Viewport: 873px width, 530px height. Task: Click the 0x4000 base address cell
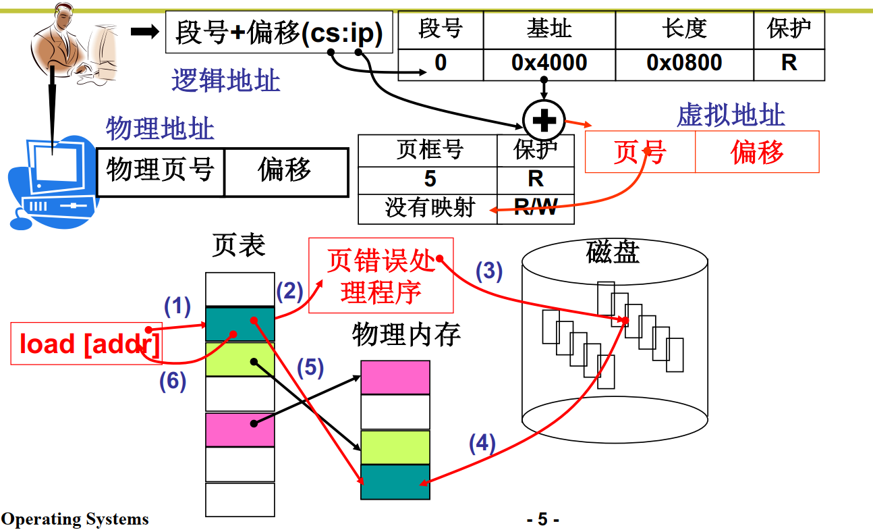tap(549, 63)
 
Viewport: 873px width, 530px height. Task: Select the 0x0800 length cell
tap(684, 63)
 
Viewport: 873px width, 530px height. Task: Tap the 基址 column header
tap(549, 29)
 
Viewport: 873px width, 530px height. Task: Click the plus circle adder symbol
tap(544, 122)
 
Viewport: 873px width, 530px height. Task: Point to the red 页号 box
tap(640, 152)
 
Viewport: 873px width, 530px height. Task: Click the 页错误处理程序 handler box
tap(381, 275)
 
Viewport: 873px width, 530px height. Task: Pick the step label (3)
tap(489, 271)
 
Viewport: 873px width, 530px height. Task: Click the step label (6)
tap(173, 381)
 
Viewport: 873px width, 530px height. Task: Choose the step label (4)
tap(482, 444)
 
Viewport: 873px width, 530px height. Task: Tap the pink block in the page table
tap(240, 429)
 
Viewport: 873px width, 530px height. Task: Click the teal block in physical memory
tap(395, 482)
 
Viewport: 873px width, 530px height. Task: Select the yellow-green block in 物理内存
tap(395, 447)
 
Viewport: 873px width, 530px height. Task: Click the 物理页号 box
tap(160, 171)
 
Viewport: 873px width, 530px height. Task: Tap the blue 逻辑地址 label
tap(225, 81)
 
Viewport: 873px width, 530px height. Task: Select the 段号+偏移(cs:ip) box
tap(279, 32)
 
